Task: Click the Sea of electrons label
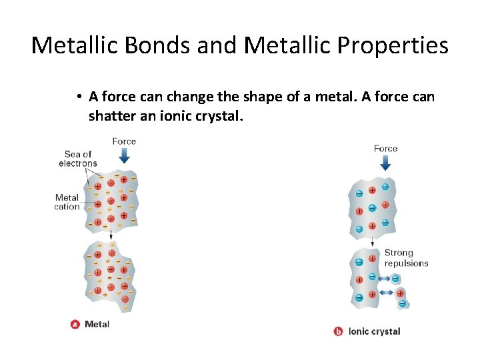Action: (78, 159)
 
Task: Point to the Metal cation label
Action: (67, 202)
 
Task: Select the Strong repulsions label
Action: (406, 258)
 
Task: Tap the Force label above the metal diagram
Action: (124, 141)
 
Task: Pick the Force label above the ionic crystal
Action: (385, 149)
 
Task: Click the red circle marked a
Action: (75, 325)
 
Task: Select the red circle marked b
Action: (339, 331)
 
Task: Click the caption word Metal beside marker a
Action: (97, 325)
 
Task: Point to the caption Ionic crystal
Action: (375, 331)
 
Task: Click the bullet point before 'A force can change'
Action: (79, 97)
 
